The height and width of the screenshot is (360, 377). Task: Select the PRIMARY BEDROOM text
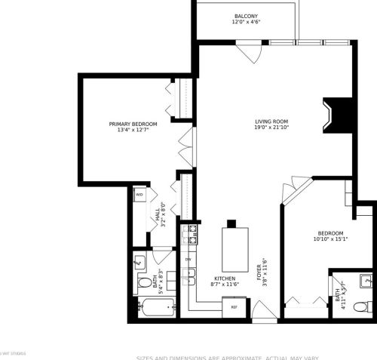133,127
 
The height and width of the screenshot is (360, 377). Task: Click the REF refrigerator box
234,306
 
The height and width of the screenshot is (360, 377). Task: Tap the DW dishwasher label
188,260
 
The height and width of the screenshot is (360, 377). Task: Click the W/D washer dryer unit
139,195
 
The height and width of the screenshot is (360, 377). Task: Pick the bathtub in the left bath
157,307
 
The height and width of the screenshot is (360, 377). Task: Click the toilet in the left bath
144,285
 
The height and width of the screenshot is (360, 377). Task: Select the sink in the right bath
366,280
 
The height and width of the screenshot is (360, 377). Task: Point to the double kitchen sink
188,278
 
